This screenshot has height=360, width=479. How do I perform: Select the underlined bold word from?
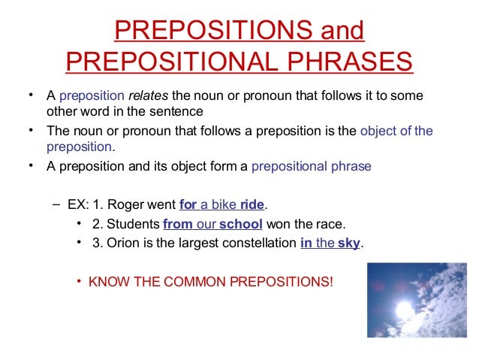[177, 224]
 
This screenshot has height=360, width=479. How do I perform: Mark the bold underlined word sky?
[349, 244]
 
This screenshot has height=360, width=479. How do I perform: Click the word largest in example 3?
[195, 244]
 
